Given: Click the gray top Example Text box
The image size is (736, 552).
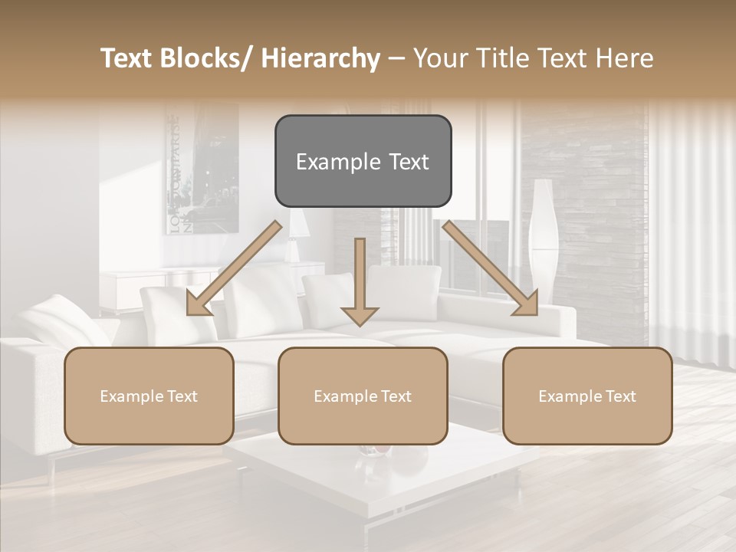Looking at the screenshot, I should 363,161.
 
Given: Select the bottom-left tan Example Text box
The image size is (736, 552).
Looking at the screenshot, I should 149,396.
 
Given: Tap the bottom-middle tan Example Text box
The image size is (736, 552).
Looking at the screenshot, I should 363,396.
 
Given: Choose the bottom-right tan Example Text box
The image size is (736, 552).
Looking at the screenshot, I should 587,396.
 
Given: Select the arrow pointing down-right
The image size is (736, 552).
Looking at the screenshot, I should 490,268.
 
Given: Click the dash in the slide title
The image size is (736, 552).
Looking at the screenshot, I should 396,59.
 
